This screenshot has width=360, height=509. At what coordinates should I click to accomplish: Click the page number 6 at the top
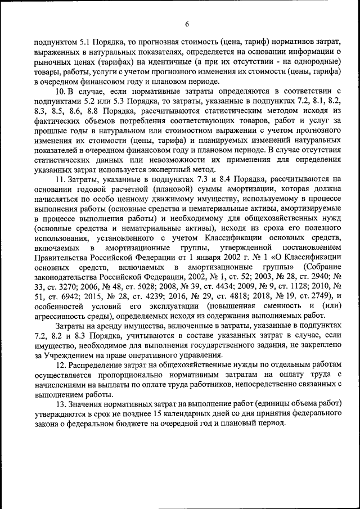click(x=187, y=23)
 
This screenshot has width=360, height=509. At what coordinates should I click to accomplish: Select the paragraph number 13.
click(x=61, y=404)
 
